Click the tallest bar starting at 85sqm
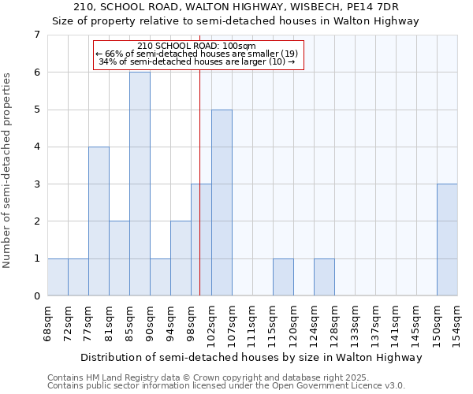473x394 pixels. tap(140, 184)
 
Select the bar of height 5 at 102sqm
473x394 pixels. tap(222, 203)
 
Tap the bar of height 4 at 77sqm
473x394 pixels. tap(99, 221)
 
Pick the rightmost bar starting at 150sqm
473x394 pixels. tap(447, 240)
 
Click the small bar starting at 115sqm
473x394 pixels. tap(283, 277)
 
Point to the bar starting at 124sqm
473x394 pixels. tap(324, 277)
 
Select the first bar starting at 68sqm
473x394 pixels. tap(58, 277)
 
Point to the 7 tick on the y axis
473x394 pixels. tap(37, 35)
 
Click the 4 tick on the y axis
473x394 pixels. tap(37, 147)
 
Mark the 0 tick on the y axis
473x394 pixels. tap(37, 296)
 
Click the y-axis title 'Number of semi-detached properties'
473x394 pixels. tap(9, 170)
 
